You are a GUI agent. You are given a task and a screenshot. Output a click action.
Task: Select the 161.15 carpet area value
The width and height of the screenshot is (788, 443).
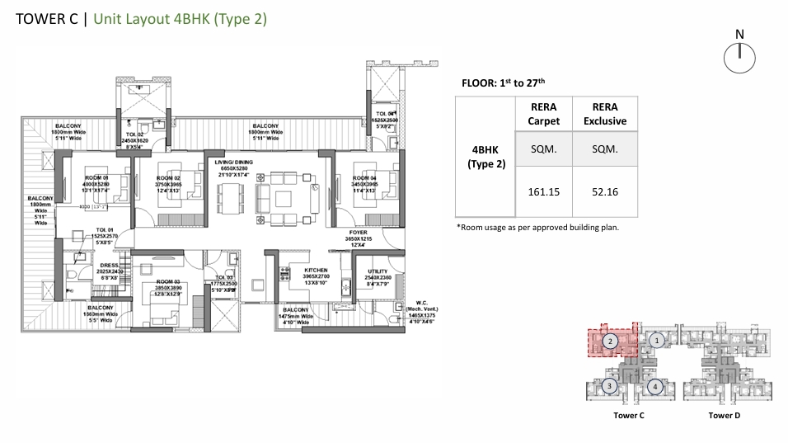(x=543, y=191)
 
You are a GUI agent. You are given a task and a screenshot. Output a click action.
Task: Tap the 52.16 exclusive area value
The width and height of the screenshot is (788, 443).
(x=606, y=191)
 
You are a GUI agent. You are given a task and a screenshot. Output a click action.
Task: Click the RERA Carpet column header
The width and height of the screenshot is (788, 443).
(x=543, y=114)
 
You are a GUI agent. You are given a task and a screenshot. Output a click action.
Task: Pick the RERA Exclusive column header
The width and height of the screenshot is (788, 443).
(x=606, y=114)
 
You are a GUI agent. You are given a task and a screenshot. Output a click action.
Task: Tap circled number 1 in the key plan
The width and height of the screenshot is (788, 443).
(x=656, y=339)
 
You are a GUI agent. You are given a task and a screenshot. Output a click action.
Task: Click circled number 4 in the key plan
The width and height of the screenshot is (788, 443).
(x=654, y=385)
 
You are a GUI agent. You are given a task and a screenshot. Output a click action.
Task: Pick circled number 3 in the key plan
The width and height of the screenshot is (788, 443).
(x=609, y=385)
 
